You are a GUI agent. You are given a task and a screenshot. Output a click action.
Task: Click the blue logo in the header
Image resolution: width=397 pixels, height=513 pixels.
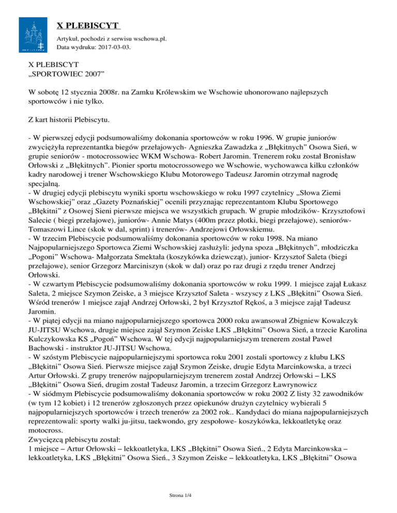pyautogui.click(x=35, y=34)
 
